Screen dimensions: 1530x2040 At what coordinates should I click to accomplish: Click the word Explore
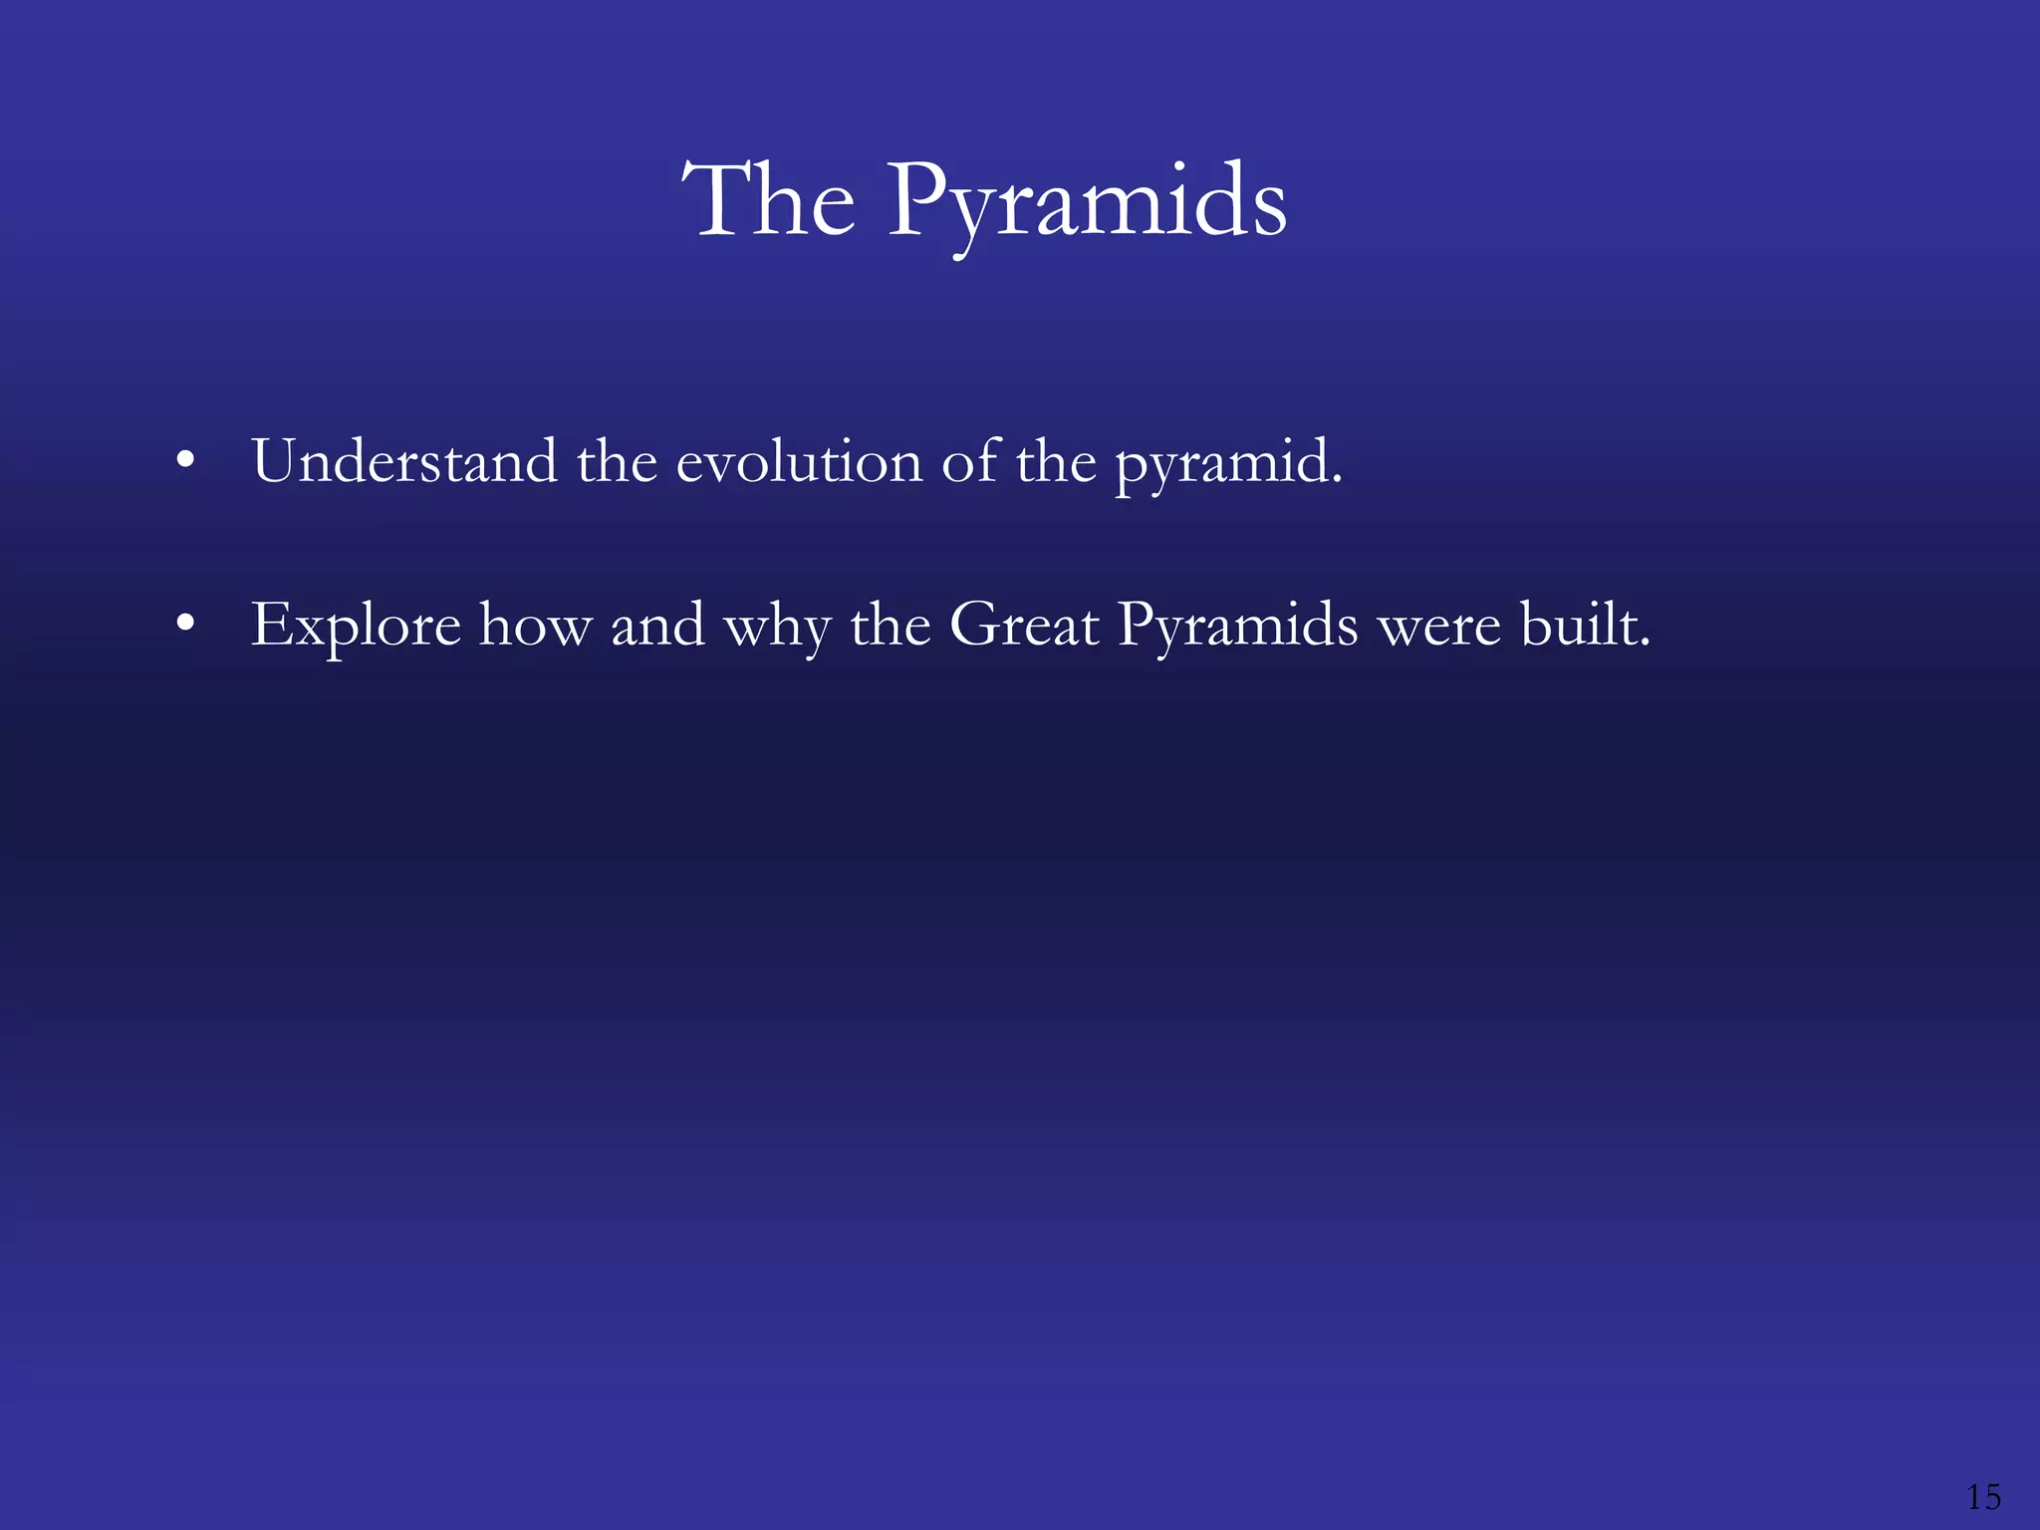point(356,627)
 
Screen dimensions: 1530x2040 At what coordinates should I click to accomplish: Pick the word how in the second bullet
point(536,627)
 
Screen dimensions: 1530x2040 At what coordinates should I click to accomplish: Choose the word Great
point(1024,626)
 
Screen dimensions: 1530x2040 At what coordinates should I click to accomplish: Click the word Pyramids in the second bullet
point(1237,627)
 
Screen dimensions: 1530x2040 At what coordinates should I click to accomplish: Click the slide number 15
point(1983,1496)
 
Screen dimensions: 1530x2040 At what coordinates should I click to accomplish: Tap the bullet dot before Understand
point(184,462)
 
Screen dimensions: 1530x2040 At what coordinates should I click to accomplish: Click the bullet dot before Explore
point(184,626)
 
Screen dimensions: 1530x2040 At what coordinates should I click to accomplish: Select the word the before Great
point(891,626)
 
